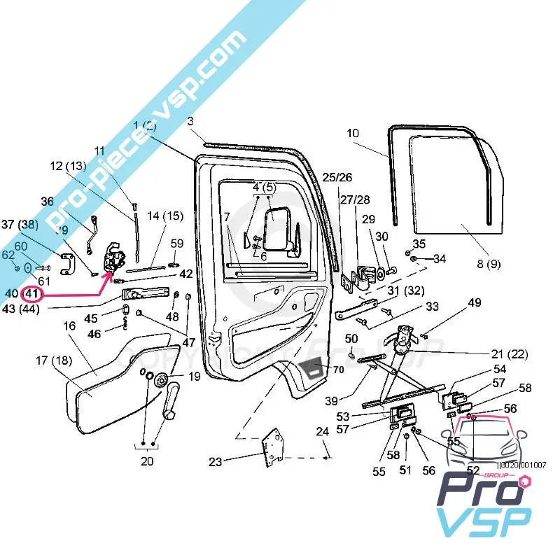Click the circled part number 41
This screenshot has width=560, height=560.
(x=33, y=294)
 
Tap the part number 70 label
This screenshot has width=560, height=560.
(x=338, y=370)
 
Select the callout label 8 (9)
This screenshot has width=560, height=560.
(x=489, y=264)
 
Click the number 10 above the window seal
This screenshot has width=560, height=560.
(x=352, y=132)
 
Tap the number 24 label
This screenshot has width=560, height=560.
(x=322, y=432)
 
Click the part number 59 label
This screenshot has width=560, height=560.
(x=177, y=244)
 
